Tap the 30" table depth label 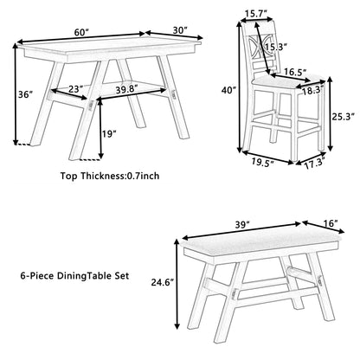point(180,30)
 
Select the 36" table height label point(24,94)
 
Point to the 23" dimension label point(75,88)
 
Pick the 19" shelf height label point(110,134)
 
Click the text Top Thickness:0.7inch point(110,176)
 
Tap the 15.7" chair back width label point(255,13)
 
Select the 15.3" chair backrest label point(276,47)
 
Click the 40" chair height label point(228,90)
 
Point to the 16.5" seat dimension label point(295,72)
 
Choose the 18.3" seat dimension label point(313,92)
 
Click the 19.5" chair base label point(262,163)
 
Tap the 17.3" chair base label point(315,164)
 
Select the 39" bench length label point(241,224)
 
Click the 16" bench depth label point(331,223)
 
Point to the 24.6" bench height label point(163,282)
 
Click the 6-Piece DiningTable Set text point(74,276)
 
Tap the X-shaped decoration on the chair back point(259,45)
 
